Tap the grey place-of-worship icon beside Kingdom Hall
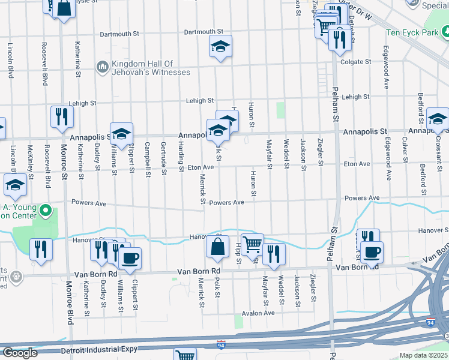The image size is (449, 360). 102,66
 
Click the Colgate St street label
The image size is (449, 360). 356,62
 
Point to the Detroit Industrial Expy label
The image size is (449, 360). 99,349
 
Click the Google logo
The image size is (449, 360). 20,353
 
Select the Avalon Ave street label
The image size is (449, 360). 258,313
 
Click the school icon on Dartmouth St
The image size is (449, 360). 220,47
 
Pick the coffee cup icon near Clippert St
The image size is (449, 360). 130,258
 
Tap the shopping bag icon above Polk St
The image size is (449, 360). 217,246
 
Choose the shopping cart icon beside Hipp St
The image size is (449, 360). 252,244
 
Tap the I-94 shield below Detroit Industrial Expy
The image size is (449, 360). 221,345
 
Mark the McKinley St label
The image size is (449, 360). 29,157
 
